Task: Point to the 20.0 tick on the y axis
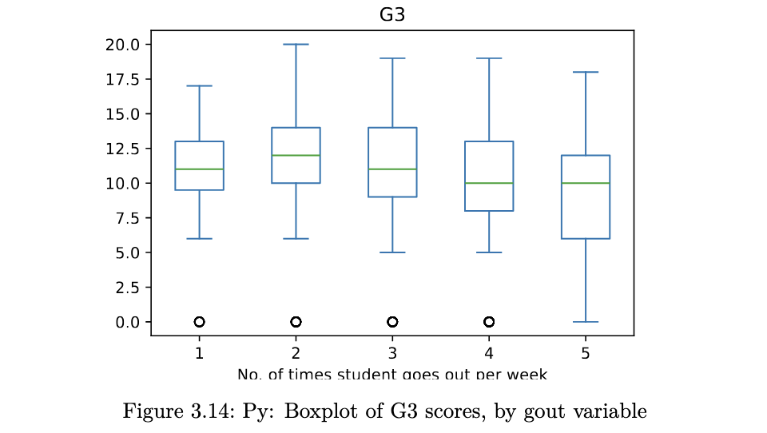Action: [x=123, y=44]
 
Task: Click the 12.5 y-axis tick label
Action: [x=123, y=149]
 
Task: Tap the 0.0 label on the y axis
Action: [x=127, y=322]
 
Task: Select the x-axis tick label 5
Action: [x=586, y=353]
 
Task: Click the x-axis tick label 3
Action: [x=392, y=353]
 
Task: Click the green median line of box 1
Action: [x=199, y=169]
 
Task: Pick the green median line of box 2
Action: [x=296, y=155]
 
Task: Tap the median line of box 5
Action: [x=586, y=183]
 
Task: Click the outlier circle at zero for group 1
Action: [x=199, y=322]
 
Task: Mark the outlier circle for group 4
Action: [x=489, y=322]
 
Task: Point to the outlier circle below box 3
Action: [x=392, y=322]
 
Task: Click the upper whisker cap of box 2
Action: [x=296, y=44]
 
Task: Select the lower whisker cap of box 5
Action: [x=586, y=322]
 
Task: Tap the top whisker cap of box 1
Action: [x=199, y=85]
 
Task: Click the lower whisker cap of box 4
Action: [x=489, y=252]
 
